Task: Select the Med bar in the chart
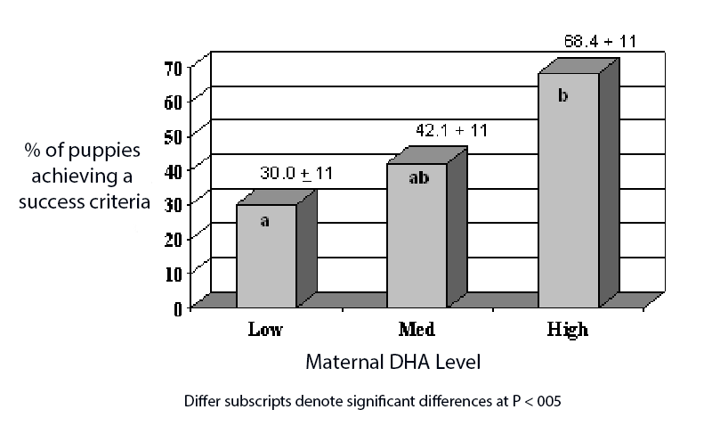417,235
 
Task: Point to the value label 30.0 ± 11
295,174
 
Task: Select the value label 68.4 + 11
600,41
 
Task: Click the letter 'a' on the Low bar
264,220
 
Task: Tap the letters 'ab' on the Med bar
418,178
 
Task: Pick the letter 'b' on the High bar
562,94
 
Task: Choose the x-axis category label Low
265,331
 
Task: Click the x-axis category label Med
417,331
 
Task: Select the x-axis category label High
568,331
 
